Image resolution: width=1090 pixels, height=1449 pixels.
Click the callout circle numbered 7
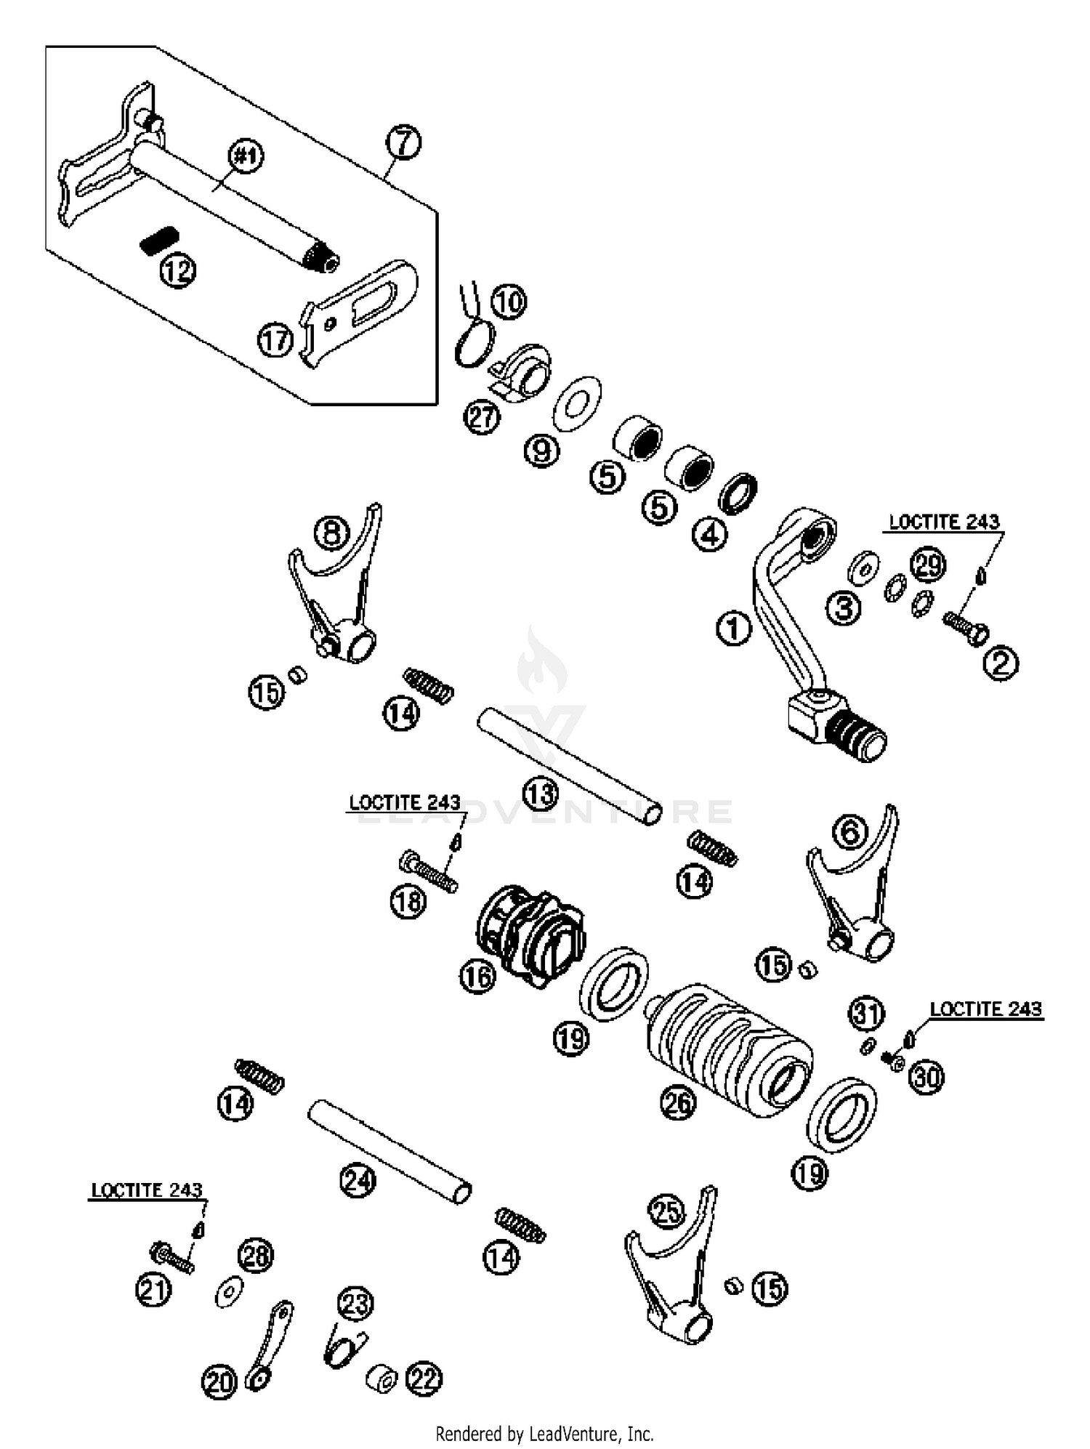[404, 142]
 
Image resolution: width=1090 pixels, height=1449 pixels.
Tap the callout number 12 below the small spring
[178, 271]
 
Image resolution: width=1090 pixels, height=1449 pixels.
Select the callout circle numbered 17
[275, 339]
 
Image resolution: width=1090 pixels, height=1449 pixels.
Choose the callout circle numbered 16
[477, 976]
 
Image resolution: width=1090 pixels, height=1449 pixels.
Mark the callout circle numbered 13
[540, 795]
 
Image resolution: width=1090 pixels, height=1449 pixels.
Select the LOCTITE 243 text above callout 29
[944, 522]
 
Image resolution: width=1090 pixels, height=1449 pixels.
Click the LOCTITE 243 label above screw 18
[405, 803]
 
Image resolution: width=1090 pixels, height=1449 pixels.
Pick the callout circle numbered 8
[331, 534]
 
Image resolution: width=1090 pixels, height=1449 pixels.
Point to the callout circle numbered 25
[667, 1211]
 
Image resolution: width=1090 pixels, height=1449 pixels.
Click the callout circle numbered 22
[424, 1379]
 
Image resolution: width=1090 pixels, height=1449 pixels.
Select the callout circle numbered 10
[509, 302]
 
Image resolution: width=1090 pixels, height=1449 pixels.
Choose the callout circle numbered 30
[927, 1078]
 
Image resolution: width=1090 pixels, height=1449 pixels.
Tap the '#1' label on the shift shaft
[246, 158]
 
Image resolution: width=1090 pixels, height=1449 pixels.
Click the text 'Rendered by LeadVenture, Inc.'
[544, 1434]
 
